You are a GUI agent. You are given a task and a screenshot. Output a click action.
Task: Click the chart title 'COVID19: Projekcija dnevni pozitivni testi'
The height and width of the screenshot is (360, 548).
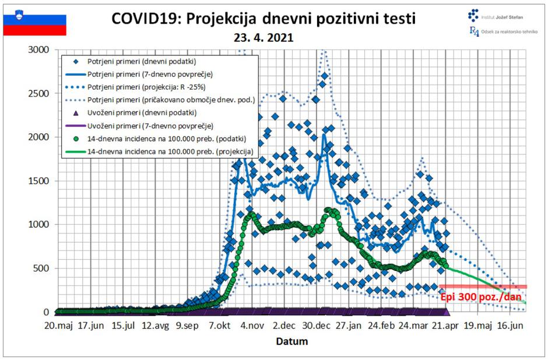[264, 19]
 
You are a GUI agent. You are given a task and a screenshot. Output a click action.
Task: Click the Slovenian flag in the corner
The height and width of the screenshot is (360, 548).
[35, 23]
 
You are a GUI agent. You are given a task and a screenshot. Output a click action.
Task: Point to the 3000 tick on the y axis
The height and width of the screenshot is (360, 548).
[39, 50]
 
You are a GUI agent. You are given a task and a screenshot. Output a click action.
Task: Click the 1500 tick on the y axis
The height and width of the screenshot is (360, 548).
[39, 181]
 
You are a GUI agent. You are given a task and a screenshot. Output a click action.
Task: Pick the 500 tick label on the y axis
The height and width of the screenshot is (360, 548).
[42, 268]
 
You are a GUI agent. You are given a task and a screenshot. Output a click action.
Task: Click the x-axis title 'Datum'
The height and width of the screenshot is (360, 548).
[291, 341]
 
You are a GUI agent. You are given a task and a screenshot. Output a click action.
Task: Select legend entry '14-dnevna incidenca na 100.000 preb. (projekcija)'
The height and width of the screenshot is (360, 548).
[171, 151]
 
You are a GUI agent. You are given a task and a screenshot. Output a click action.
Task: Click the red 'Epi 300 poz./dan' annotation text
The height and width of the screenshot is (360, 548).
[482, 296]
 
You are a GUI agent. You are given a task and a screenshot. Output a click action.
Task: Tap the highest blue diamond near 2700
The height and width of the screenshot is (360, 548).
[325, 76]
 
